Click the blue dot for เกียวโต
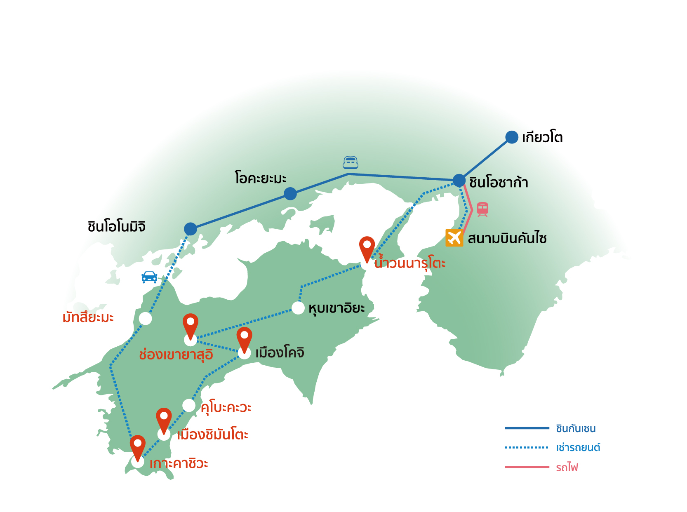pyautogui.click(x=512, y=137)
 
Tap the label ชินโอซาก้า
pyautogui.click(x=499, y=182)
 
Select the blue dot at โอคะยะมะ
pyautogui.click(x=290, y=193)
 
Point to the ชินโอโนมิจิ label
pyautogui.click(x=116, y=227)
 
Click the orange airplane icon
pyautogui.click(x=454, y=238)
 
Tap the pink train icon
pyautogui.click(x=482, y=209)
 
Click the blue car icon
pyautogui.click(x=149, y=277)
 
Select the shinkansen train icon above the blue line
pyautogui.click(x=351, y=163)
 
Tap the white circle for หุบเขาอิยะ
pyautogui.click(x=298, y=308)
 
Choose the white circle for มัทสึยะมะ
pyautogui.click(x=145, y=318)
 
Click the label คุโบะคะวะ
pyautogui.click(x=226, y=407)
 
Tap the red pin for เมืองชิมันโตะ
pyautogui.click(x=164, y=419)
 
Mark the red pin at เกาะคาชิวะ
pyautogui.click(x=138, y=446)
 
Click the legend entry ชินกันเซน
pyautogui.click(x=576, y=429)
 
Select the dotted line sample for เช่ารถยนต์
pyautogui.click(x=527, y=447)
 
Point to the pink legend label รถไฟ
pyautogui.click(x=567, y=467)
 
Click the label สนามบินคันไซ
pyautogui.click(x=507, y=238)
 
